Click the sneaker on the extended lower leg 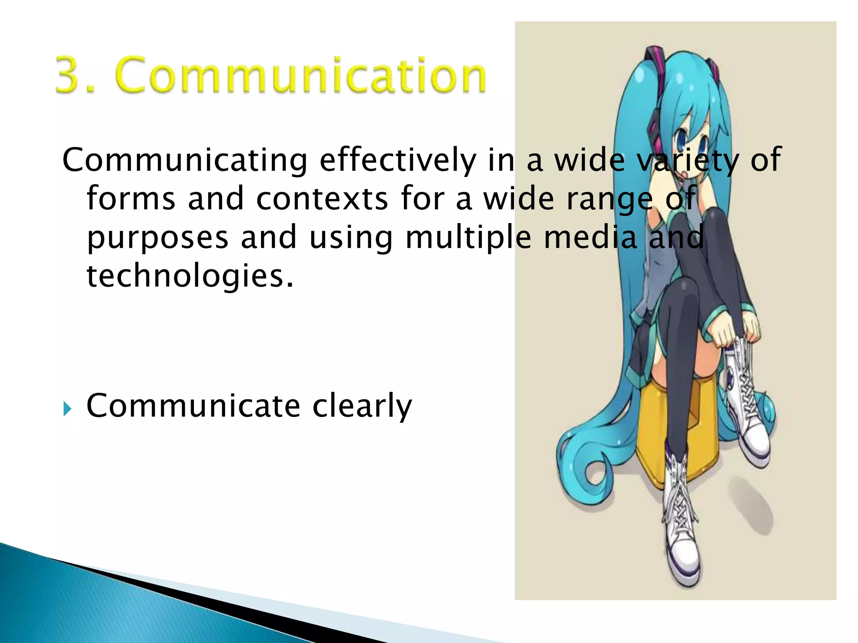coord(683,540)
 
